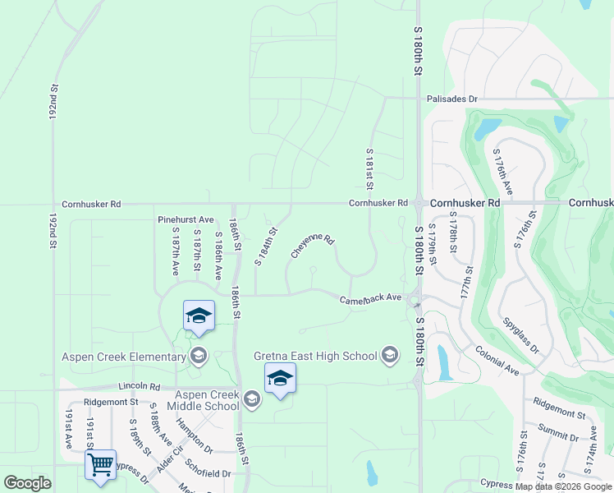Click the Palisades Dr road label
pyautogui.click(x=451, y=99)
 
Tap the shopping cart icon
pyautogui.click(x=100, y=464)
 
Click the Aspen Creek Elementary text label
pyautogui.click(x=124, y=357)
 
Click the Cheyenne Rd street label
pyautogui.click(x=312, y=246)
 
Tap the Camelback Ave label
pyautogui.click(x=371, y=298)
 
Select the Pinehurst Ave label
pyautogui.click(x=186, y=219)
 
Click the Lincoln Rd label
pyautogui.click(x=138, y=385)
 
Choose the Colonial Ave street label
pyautogui.click(x=497, y=360)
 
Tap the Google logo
pyautogui.click(x=27, y=483)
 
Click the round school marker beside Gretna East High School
pyautogui.click(x=390, y=355)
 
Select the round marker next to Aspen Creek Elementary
pyautogui.click(x=198, y=356)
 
